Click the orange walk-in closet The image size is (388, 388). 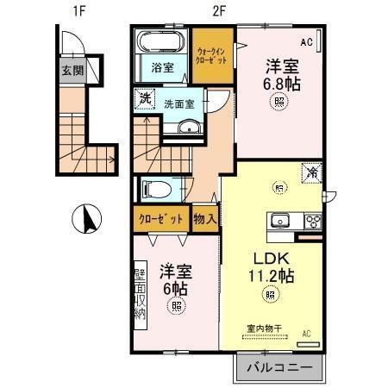pos(212,56)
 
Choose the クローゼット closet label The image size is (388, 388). pos(161,219)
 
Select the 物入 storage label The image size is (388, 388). pos(205,219)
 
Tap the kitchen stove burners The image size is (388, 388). pos(311,221)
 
